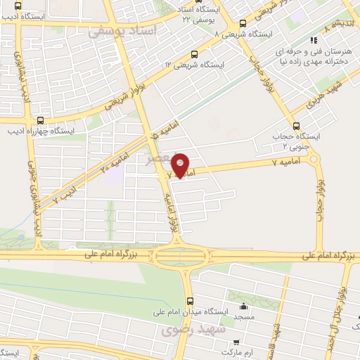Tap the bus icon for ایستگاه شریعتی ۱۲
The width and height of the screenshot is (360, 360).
pyautogui.click(x=195, y=54)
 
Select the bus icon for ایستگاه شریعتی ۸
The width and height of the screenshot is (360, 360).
pyautogui.click(x=243, y=23)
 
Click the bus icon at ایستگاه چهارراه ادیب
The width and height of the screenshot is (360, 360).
pyautogui.click(x=40, y=120)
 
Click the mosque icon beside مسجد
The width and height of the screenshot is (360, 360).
pyautogui.click(x=244, y=307)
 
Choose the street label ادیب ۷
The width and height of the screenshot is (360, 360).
pyautogui.click(x=65, y=194)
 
